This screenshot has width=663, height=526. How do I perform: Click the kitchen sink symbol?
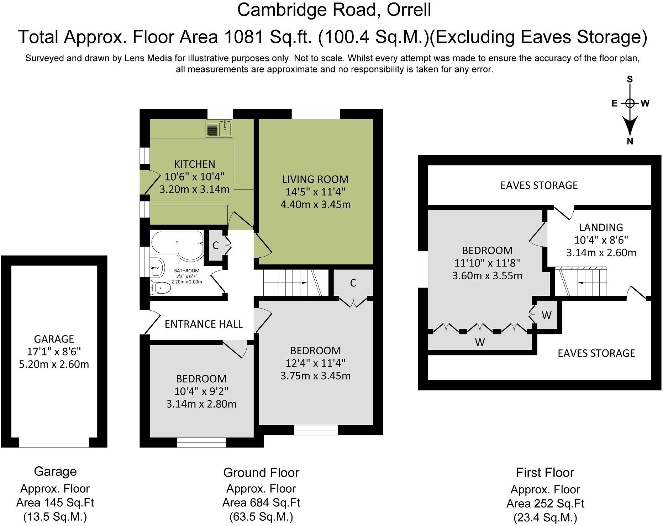[x=219, y=129]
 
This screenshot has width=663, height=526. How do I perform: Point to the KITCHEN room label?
[x=195, y=164]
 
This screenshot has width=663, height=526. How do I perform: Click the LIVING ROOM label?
[x=316, y=179]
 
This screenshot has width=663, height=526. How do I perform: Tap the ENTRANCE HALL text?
[x=204, y=324]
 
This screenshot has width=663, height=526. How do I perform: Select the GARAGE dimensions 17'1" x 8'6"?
[x=54, y=351]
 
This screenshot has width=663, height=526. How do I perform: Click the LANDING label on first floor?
[x=601, y=227]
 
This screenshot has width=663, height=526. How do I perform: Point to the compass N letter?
[x=630, y=141]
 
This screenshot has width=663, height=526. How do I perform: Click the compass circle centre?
[x=630, y=103]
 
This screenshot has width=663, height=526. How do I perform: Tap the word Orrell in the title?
[x=409, y=10]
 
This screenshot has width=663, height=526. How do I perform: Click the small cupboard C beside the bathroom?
[x=216, y=246]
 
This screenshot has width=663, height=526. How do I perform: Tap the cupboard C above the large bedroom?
[x=353, y=283]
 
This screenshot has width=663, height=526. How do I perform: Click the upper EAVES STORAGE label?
[x=539, y=185]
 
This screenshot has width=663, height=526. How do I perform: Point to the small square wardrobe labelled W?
[x=547, y=315]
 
